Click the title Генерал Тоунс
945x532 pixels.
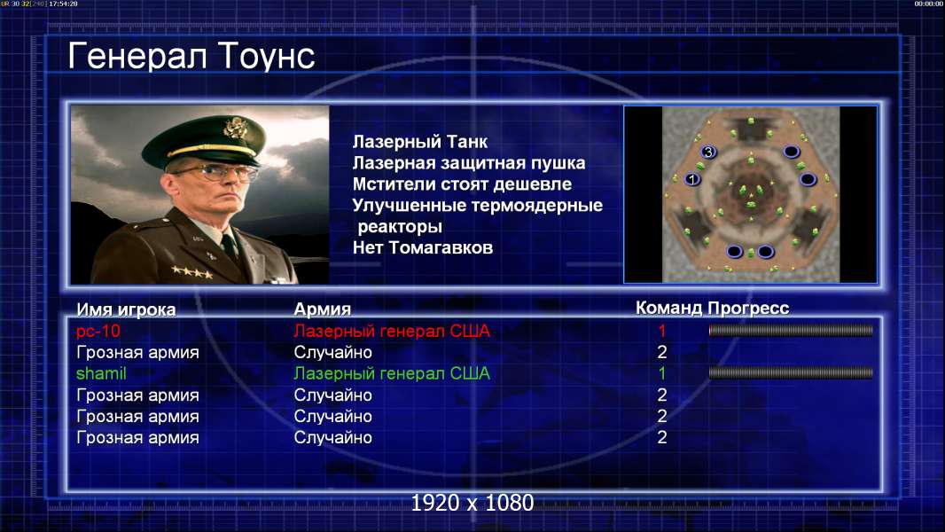(x=191, y=56)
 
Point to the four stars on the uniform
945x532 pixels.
(x=191, y=272)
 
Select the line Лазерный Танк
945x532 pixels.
(x=419, y=142)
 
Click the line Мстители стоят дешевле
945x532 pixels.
(x=462, y=184)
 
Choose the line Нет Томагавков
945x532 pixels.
(x=423, y=247)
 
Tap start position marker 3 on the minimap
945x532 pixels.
(x=709, y=152)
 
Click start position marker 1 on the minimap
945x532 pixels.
(x=692, y=179)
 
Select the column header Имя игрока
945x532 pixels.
(x=126, y=309)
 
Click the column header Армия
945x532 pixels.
(x=322, y=309)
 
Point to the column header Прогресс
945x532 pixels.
(x=748, y=308)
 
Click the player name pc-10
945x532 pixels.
(x=98, y=331)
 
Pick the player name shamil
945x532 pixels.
(x=101, y=373)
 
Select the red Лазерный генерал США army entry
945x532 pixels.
(x=392, y=331)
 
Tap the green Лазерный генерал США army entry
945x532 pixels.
(x=392, y=373)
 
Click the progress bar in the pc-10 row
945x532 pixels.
(x=791, y=330)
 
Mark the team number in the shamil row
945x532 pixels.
(x=662, y=373)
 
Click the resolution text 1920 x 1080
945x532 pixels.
(x=472, y=503)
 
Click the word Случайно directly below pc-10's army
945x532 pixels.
(x=332, y=353)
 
